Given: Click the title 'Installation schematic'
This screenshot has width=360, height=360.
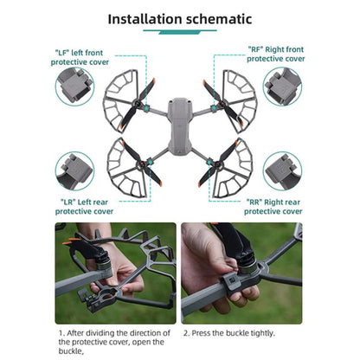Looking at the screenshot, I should click(179, 17).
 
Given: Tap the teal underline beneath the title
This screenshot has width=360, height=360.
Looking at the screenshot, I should click(179, 31).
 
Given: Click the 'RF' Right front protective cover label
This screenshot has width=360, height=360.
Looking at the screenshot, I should click(275, 54).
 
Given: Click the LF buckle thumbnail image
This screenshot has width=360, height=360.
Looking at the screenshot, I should click(74, 87).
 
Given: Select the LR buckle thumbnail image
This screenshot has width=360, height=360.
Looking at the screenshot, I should click(74, 172).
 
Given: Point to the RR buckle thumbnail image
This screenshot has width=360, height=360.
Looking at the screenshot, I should click(283, 172).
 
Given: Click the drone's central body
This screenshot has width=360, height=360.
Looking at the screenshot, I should click(180, 121).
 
